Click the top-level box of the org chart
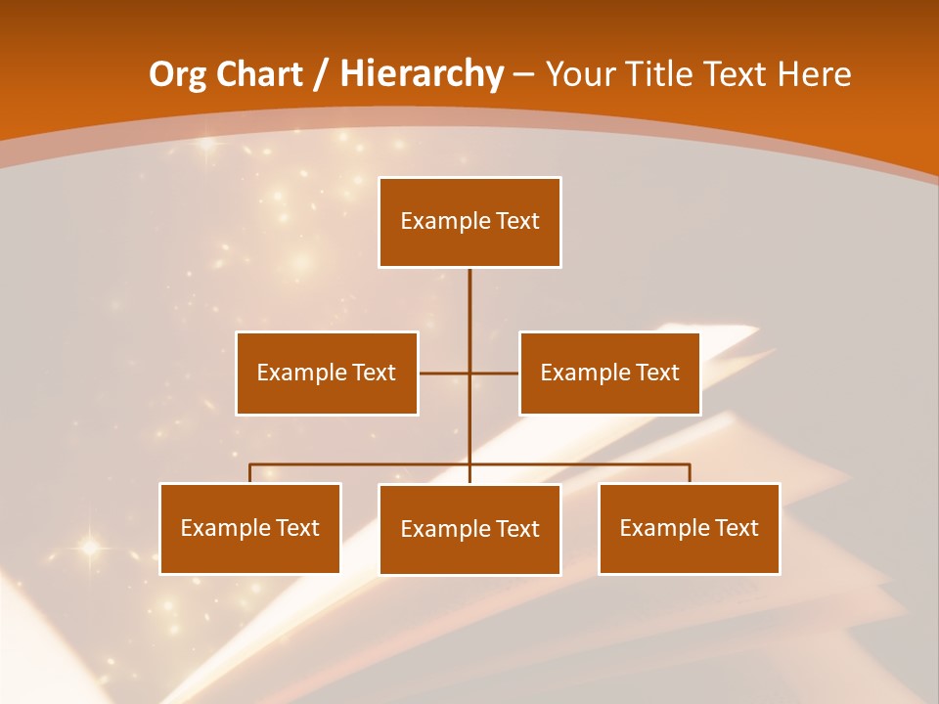point(469,222)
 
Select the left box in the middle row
point(327,374)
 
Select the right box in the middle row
point(609,374)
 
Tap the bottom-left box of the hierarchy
point(250,529)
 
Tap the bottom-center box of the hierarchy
point(469,530)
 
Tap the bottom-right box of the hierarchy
point(689,529)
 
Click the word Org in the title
point(177,74)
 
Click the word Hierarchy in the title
point(422,74)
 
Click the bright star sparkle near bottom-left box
point(90,548)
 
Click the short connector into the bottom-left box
point(250,473)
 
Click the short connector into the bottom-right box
point(689,473)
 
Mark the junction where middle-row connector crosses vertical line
point(469,374)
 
